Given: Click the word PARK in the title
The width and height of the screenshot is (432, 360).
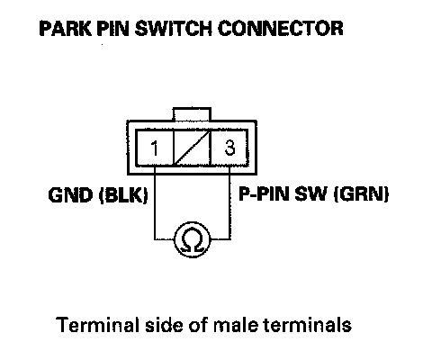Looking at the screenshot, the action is (65, 29).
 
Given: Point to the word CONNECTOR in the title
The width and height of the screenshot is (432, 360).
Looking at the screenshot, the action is (281, 29).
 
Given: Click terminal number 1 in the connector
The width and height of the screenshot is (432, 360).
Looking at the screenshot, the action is (155, 148).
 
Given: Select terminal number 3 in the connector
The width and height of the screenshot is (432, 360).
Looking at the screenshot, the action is (229, 148).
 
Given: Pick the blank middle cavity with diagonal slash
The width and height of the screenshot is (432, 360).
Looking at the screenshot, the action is (192, 148).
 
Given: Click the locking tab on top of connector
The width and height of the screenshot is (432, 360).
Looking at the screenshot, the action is (192, 114).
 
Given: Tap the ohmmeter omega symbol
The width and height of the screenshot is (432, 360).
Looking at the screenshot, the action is (193, 240).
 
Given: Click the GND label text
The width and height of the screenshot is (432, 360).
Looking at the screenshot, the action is (70, 195).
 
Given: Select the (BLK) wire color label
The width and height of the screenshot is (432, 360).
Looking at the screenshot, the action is (123, 195).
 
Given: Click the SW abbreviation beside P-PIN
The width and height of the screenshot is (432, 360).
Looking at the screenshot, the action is (310, 194).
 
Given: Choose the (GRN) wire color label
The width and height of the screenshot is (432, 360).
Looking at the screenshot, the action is (361, 194).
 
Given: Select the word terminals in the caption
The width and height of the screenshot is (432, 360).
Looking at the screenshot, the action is (307, 325).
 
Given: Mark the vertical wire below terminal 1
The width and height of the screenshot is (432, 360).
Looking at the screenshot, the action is (155, 202).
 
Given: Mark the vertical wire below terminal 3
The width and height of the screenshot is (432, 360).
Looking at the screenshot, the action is (229, 202).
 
